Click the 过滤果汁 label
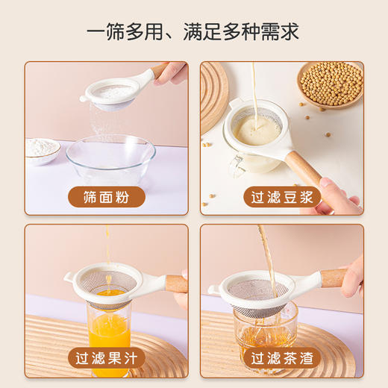(106, 359)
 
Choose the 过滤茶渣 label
(282, 359)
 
